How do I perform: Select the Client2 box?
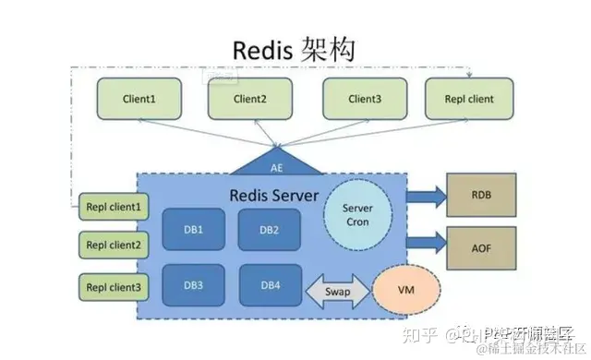coord(250,99)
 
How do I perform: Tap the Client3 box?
coord(364,99)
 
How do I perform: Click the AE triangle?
coord(277,164)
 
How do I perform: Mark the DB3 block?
coord(193,286)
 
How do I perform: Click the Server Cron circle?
coord(356,216)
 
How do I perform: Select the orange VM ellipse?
coord(404,288)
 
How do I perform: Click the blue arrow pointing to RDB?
coord(424,196)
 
